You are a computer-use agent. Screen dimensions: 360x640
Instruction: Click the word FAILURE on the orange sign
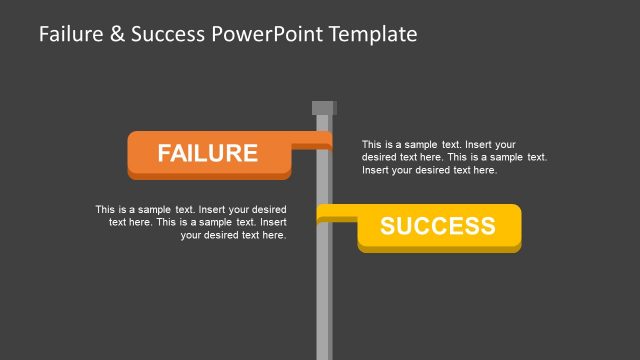coord(208,153)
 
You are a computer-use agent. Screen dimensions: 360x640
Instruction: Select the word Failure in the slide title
coord(71,34)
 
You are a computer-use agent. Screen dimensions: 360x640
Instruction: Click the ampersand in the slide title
coord(116,34)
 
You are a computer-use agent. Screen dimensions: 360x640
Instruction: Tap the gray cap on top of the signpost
coord(324,108)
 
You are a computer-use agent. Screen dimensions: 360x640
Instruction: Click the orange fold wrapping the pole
coord(312,146)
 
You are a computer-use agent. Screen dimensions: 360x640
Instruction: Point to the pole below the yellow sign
coord(324,300)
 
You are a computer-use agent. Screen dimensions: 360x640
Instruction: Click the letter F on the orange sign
coord(165,153)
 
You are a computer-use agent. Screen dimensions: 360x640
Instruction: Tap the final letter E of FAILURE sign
coord(250,153)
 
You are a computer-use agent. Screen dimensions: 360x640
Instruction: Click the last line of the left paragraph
coord(233,236)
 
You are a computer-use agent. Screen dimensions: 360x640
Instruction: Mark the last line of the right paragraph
coord(428,170)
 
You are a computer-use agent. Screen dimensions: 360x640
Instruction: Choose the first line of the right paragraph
coord(438,144)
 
